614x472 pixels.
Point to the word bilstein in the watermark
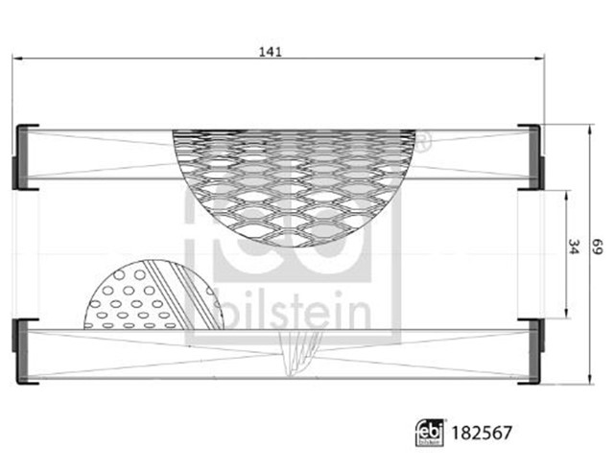pyautogui.click(x=293, y=306)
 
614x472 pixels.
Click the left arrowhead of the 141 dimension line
pyautogui.click(x=17, y=59)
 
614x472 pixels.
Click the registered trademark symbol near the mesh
pyautogui.click(x=423, y=144)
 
